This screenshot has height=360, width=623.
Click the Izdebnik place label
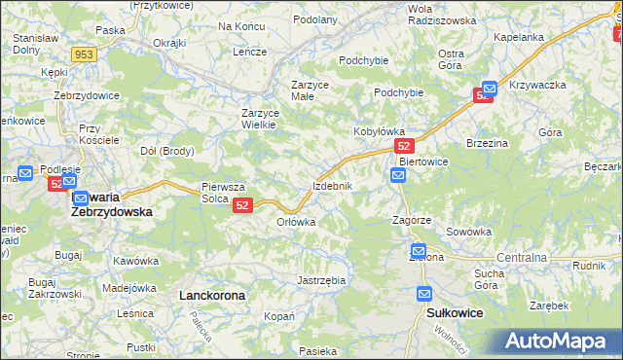(x=338, y=185)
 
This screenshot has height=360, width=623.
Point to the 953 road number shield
(x=84, y=55)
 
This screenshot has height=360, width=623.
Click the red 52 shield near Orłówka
(x=243, y=205)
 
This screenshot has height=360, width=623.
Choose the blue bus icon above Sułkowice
(x=424, y=293)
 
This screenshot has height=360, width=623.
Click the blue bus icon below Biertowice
(x=398, y=175)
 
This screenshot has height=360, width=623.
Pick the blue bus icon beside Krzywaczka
(x=490, y=88)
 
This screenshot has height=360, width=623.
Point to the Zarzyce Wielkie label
(x=260, y=119)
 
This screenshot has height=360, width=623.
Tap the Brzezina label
(x=489, y=142)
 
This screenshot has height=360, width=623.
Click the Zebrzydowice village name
(x=87, y=95)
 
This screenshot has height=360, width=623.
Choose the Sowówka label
(x=469, y=232)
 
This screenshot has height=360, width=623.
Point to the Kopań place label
(x=279, y=317)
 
